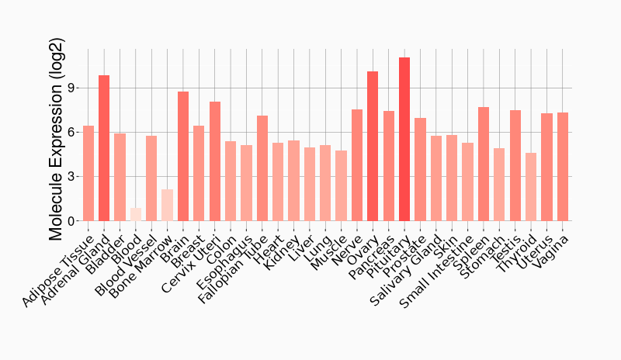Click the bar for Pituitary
[404, 140]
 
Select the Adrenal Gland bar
[104, 148]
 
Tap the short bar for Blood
[136, 214]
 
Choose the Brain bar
[183, 156]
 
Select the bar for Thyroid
[531, 187]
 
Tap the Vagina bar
[563, 167]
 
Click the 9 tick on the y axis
[71, 88]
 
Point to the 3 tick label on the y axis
[71, 177]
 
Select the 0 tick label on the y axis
[71, 221]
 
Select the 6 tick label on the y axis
[71, 132]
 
